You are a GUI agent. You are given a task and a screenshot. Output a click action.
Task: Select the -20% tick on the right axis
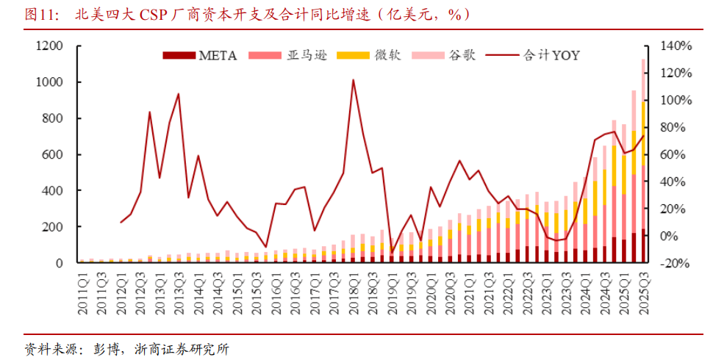click(x=676, y=263)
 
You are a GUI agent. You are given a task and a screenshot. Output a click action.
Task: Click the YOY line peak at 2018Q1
click(x=353, y=79)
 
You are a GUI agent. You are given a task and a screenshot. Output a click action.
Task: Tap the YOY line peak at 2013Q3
click(x=179, y=94)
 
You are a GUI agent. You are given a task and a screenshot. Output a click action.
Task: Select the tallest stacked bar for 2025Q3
click(x=643, y=162)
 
